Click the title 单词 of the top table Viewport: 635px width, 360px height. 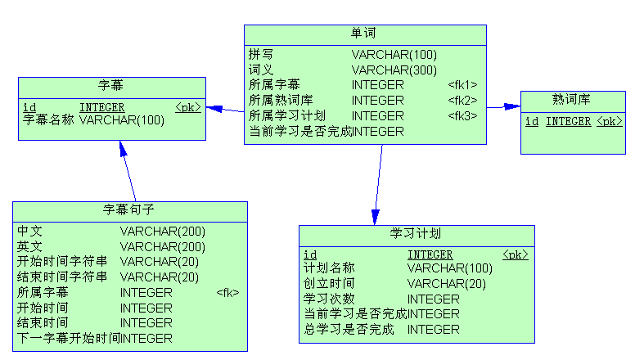pos(364,34)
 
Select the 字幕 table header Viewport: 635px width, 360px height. pos(111,85)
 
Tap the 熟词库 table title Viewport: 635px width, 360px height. pos(572,100)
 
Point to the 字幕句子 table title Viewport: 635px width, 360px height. pos(129,209)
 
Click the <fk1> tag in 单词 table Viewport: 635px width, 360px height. pos(462,85)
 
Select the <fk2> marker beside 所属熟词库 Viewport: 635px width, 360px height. pos(462,101)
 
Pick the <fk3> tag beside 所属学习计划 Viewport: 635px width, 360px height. pos(462,116)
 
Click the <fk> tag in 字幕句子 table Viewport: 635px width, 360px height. pos(227,292)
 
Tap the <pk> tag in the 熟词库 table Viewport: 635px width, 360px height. pos(609,121)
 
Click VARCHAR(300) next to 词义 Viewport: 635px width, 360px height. pos(394,70)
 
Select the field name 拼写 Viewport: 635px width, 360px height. pos(261,55)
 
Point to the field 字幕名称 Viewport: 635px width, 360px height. pos(48,120)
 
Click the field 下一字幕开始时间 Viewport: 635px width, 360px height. pos(69,338)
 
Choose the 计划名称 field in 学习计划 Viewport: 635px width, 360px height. pos(329,268)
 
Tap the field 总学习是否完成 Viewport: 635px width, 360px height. pos(349,330)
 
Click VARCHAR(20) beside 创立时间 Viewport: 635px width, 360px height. pos(446,284)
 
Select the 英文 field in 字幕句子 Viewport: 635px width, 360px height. pos(30,246)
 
